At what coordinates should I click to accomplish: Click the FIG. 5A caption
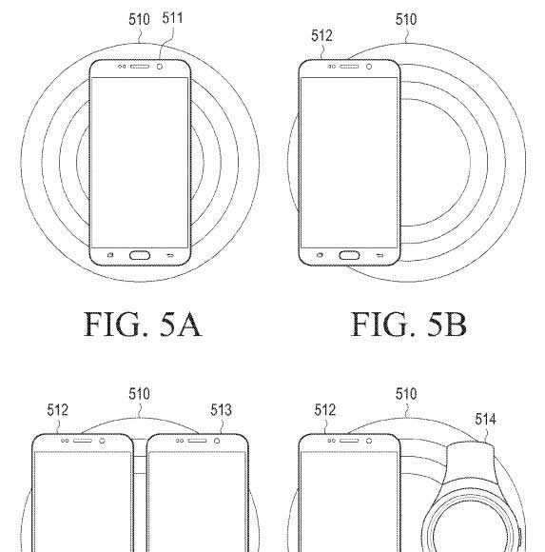pos(143,325)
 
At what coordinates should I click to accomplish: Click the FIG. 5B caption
pos(409,325)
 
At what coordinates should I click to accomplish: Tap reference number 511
pos(172,18)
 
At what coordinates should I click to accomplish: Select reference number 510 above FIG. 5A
pos(139,19)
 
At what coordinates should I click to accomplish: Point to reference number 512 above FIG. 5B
pos(321,35)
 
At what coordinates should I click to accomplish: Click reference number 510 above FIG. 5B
pos(406,19)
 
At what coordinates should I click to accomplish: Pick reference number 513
pos(221,410)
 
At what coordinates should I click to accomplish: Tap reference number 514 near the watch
pos(485,420)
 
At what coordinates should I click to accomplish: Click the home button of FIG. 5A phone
pos(140,255)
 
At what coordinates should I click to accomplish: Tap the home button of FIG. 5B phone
pos(349,255)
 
